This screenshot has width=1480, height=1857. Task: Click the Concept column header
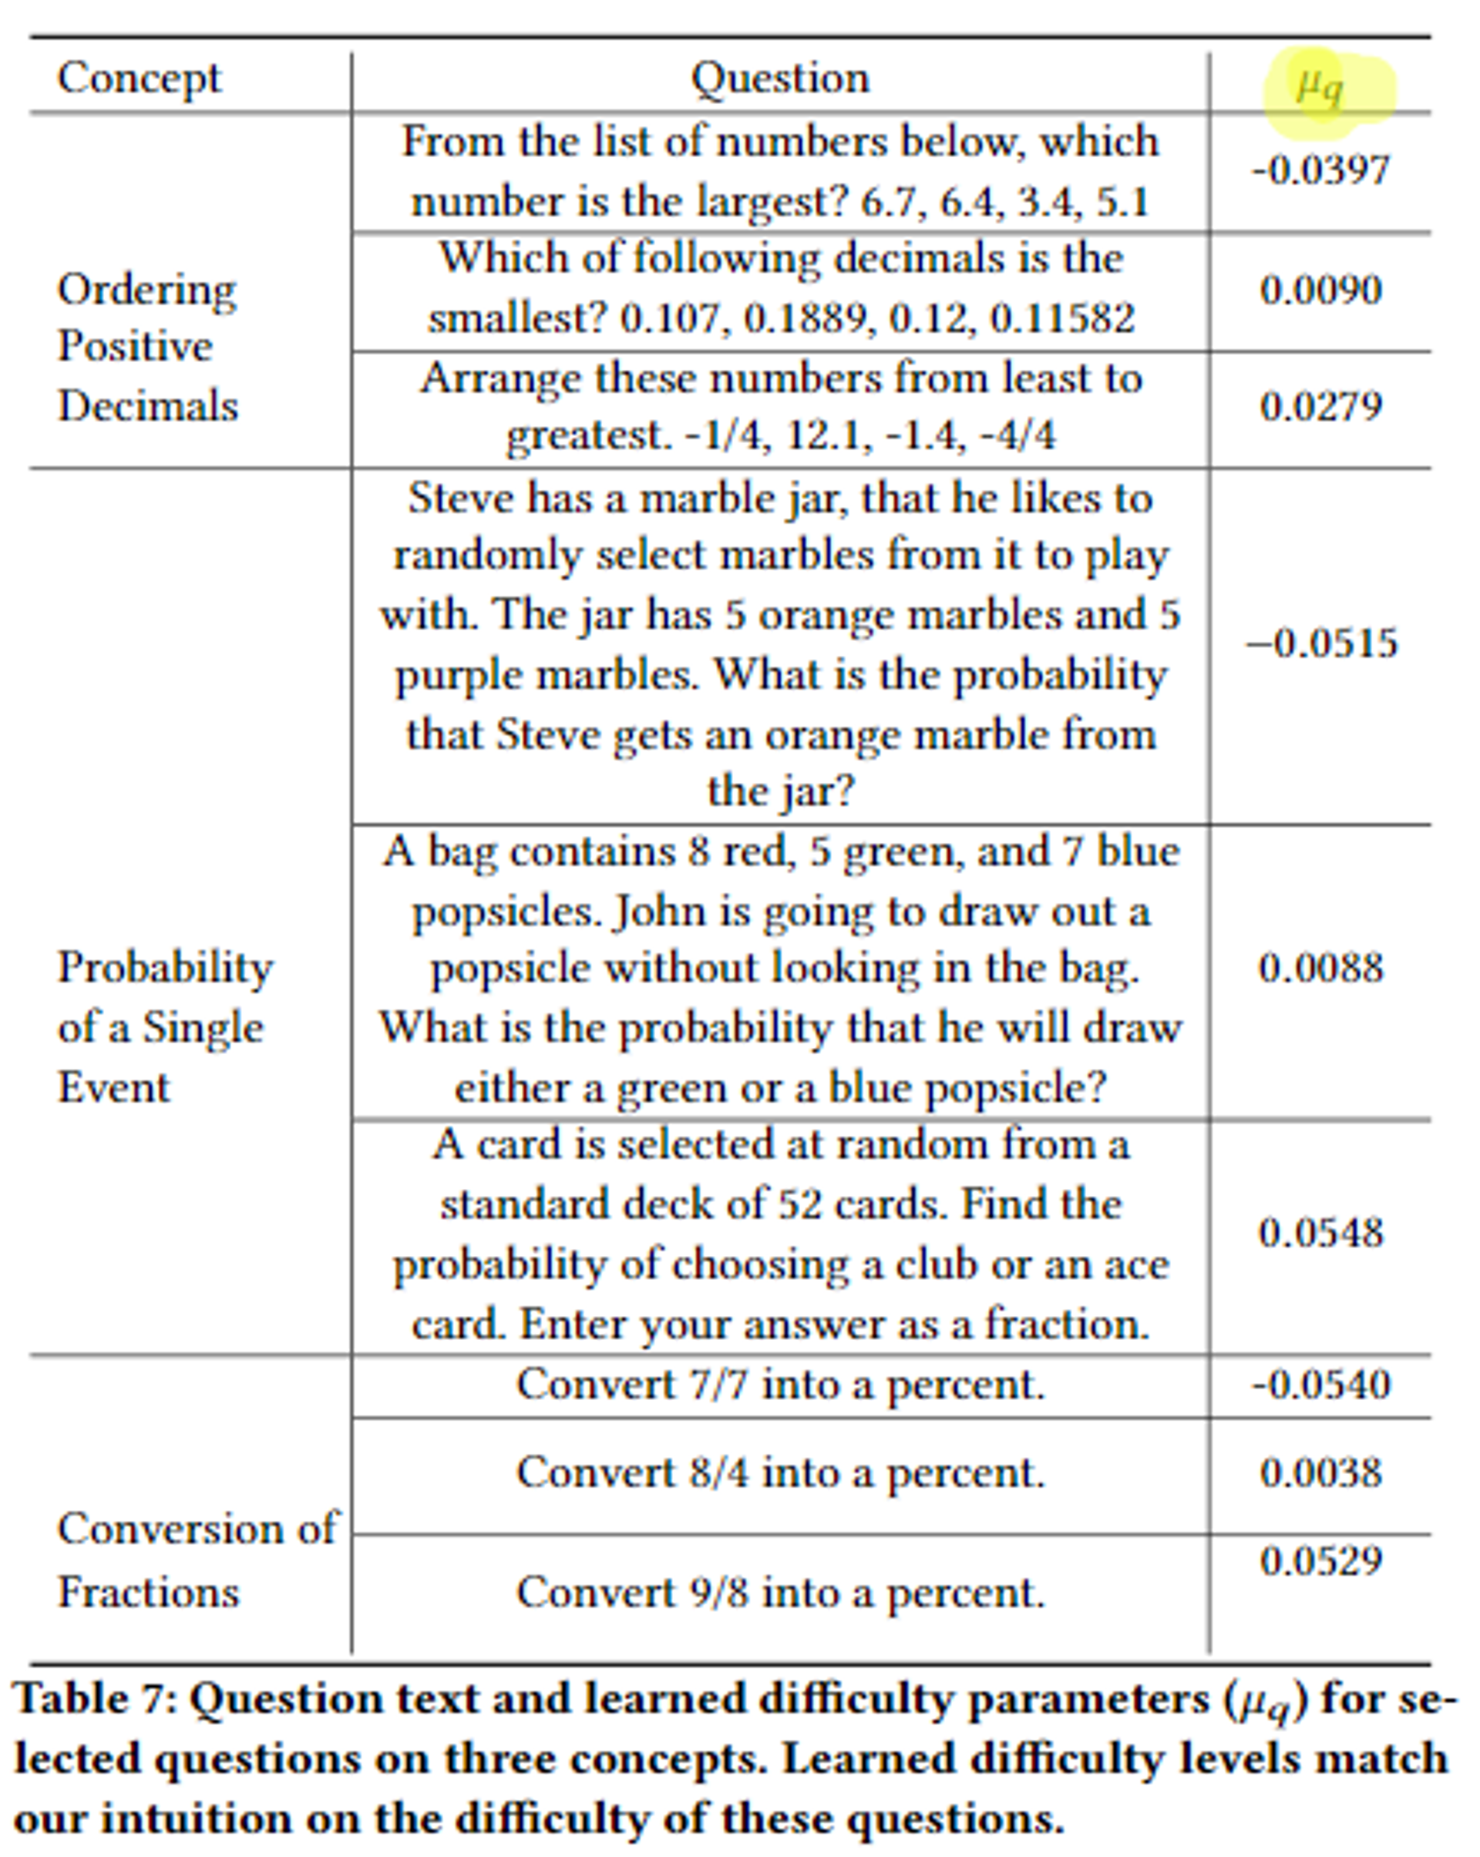pos(139,79)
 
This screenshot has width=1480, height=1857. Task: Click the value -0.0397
pos(1320,170)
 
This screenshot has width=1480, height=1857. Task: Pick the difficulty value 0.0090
pos(1320,290)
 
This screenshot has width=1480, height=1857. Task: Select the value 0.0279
pos(1320,407)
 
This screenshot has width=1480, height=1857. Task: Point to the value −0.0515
pos(1320,643)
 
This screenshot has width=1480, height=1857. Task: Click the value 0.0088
pos(1320,968)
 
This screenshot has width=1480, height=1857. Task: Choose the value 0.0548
pos(1320,1233)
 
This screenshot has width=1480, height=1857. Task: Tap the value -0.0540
pos(1320,1385)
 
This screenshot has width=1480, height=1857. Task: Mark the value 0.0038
pos(1320,1473)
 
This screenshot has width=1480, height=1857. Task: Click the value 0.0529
pos(1320,1560)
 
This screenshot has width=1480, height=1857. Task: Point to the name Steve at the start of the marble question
pos(456,499)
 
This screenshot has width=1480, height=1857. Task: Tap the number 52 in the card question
pos(801,1204)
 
